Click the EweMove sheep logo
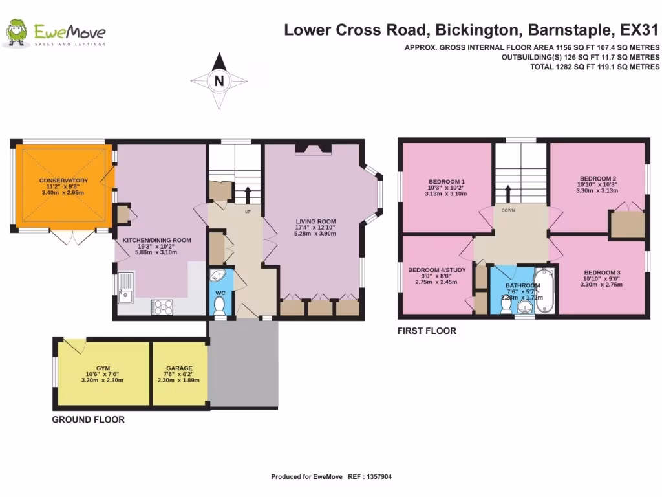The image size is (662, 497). (x=17, y=34)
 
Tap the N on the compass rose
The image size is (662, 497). (x=219, y=81)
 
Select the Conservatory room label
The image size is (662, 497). (x=63, y=180)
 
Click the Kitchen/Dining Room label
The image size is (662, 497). (x=157, y=240)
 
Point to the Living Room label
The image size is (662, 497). (x=316, y=221)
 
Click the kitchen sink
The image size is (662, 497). (x=125, y=287)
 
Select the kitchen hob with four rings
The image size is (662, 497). (x=164, y=306)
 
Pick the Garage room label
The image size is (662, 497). (x=179, y=368)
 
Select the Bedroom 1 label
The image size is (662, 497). (x=447, y=181)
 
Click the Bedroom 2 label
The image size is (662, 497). (x=597, y=179)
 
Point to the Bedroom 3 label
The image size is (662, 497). (x=601, y=272)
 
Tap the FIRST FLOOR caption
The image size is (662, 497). (x=427, y=331)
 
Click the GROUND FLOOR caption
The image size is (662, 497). (x=88, y=419)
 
